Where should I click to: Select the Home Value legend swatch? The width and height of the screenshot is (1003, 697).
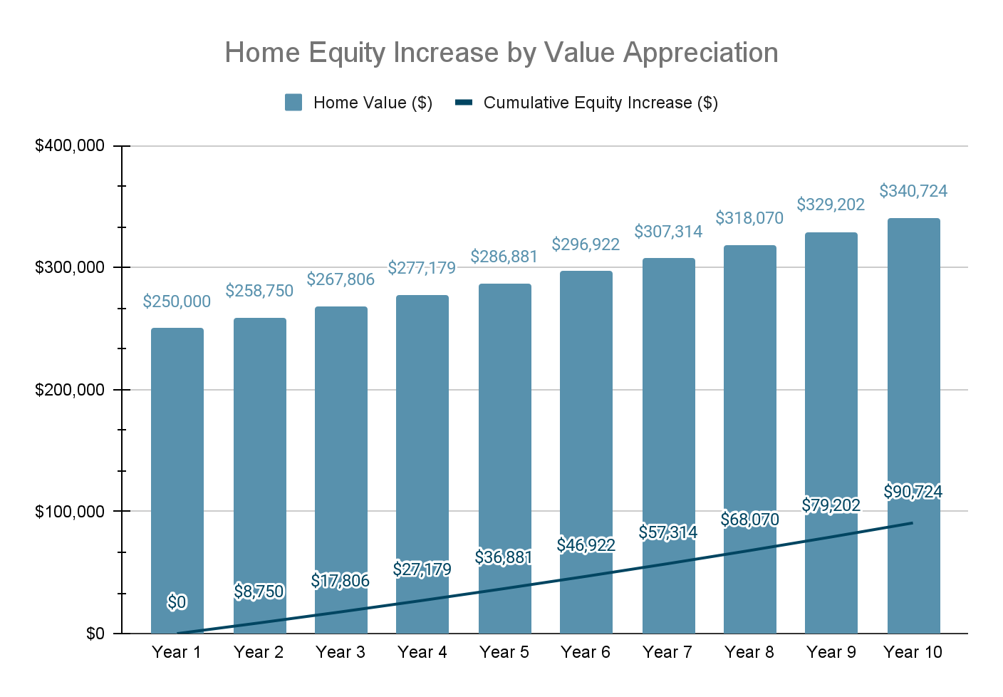click(293, 103)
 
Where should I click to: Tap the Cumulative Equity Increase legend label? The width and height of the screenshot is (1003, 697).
click(601, 103)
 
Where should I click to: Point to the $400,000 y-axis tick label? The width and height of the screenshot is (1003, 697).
click(70, 146)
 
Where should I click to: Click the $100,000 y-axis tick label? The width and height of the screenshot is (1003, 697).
click(70, 512)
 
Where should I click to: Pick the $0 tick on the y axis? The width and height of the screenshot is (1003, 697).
click(95, 634)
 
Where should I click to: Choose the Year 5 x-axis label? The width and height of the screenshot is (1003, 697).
click(504, 652)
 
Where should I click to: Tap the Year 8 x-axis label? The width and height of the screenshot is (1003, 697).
click(749, 652)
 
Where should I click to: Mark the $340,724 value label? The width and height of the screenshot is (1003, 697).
click(913, 191)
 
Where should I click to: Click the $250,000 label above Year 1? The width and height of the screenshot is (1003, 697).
click(177, 301)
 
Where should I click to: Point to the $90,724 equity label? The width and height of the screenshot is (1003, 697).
click(913, 492)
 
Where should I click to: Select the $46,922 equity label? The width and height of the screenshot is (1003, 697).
click(586, 545)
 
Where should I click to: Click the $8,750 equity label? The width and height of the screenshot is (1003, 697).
click(259, 592)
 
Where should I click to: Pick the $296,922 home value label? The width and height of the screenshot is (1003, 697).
click(586, 244)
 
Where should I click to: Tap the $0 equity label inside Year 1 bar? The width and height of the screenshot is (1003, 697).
click(177, 602)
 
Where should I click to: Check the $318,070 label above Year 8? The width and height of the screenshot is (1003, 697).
click(749, 218)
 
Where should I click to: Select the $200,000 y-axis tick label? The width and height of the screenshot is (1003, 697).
click(70, 390)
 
